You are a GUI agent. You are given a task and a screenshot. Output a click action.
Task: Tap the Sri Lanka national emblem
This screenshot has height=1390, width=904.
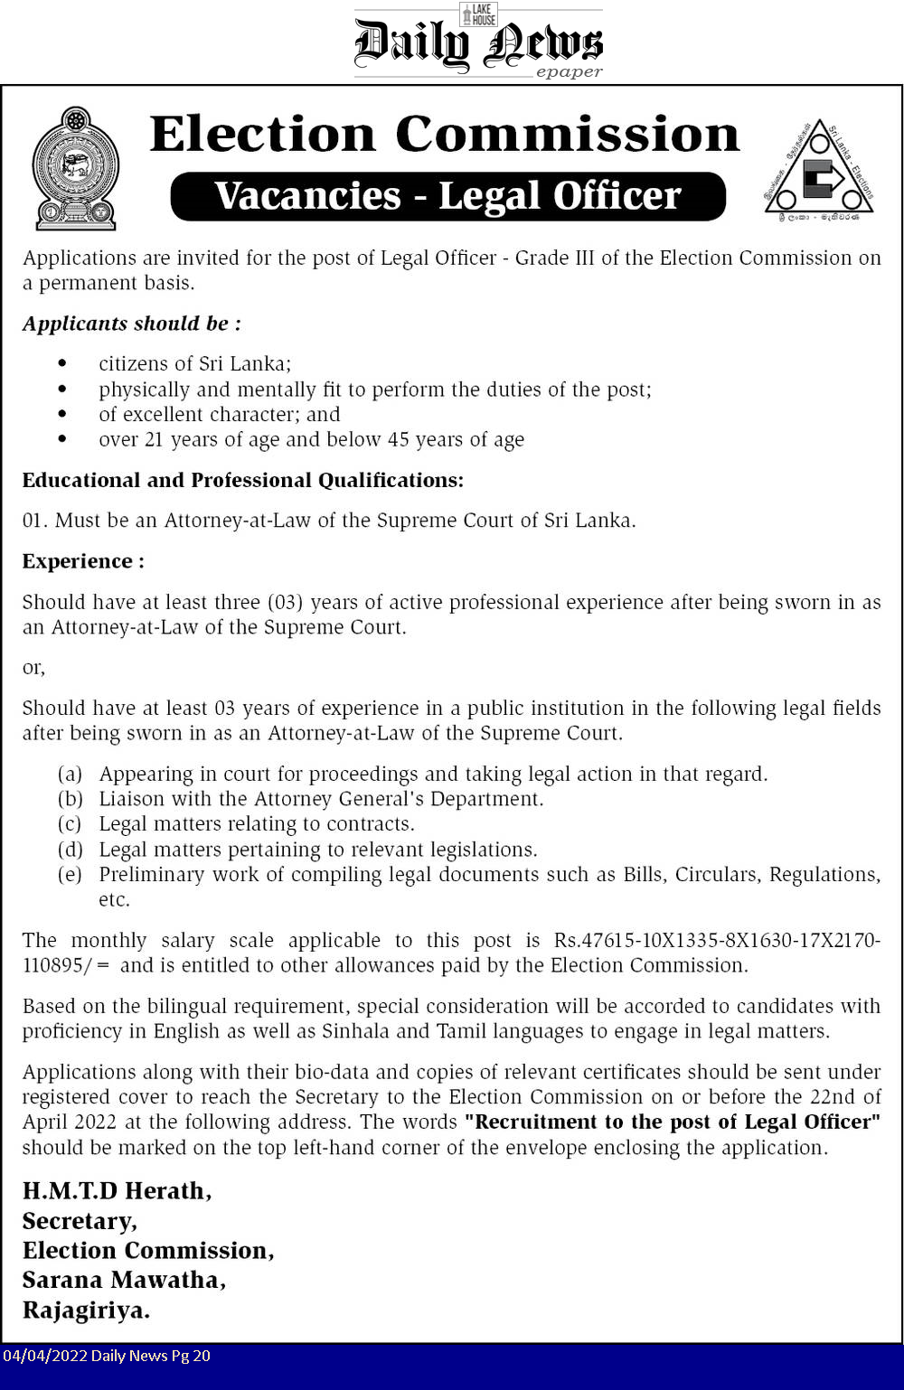(76, 168)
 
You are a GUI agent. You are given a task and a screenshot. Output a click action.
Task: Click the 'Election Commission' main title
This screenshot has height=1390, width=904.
(445, 135)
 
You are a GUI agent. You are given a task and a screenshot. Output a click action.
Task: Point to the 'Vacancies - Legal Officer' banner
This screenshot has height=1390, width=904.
(448, 196)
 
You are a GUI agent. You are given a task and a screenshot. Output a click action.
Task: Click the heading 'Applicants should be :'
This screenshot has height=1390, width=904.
(132, 324)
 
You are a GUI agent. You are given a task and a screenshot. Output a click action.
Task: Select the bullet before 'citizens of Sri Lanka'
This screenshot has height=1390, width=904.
(62, 363)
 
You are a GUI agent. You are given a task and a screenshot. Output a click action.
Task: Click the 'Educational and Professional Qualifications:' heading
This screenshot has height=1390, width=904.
(243, 480)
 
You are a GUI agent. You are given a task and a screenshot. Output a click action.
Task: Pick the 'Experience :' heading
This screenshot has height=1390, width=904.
(83, 561)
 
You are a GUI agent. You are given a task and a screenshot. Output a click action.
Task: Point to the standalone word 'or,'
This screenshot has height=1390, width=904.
(33, 668)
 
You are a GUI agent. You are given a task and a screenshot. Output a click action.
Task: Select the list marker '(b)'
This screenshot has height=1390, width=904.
(71, 799)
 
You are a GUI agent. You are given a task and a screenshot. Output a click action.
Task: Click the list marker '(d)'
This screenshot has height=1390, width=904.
(71, 850)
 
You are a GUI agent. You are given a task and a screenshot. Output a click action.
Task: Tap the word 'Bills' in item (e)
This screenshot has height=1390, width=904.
(642, 875)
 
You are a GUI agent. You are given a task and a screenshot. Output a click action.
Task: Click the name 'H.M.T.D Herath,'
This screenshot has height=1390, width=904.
(118, 1191)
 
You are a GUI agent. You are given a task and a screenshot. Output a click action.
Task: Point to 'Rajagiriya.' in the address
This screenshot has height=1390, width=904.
(87, 1310)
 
